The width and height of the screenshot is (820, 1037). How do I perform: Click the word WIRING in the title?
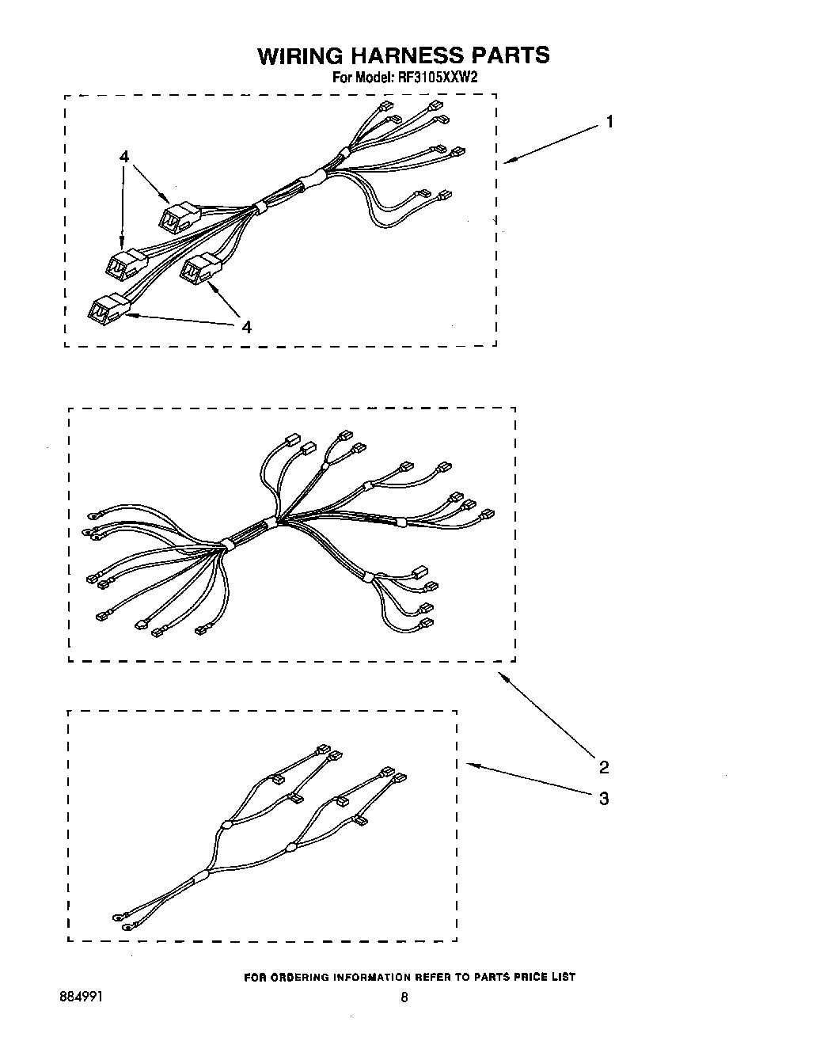302,55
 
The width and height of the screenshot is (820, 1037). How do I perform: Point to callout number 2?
604,766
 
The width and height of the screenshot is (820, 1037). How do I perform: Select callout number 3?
604,799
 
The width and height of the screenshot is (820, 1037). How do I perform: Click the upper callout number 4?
124,157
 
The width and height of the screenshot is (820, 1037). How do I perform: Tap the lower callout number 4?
247,326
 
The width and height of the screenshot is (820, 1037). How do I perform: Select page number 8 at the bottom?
404,997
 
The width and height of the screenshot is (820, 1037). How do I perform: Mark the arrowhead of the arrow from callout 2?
500,674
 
